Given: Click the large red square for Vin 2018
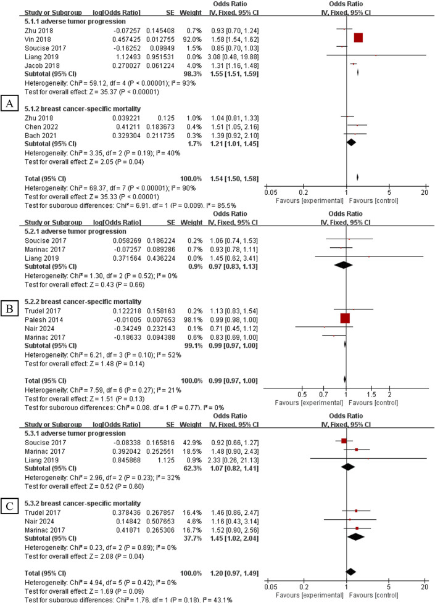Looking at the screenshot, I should click(x=358, y=38).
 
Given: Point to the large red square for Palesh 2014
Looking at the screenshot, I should click(x=344, y=318).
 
